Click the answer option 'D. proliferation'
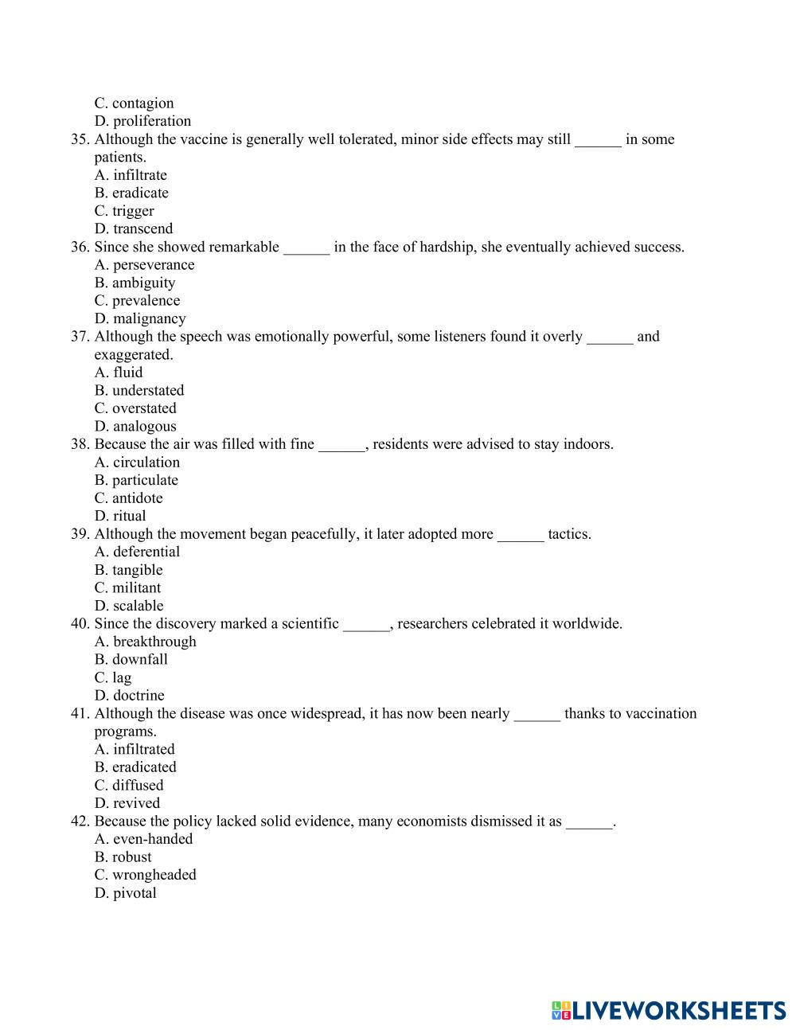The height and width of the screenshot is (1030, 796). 142,121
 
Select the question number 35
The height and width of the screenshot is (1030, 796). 79,139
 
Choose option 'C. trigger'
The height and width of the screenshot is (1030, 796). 124,211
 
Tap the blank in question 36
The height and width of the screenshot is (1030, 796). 306,248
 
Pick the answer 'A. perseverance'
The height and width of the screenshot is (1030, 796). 144,265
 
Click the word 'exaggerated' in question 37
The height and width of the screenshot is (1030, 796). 133,355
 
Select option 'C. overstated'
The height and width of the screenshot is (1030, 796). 135,408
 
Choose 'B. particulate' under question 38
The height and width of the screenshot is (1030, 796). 136,480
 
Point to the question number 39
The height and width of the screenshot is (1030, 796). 79,534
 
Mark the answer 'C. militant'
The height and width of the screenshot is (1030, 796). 127,588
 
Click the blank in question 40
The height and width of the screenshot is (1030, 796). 366,624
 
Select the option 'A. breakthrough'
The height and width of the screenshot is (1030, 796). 145,642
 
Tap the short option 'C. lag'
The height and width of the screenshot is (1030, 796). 113,677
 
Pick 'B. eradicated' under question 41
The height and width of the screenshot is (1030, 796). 135,767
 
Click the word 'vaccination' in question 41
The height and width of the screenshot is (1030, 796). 660,713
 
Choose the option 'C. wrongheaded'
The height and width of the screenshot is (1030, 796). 145,875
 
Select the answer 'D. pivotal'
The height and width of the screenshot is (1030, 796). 125,893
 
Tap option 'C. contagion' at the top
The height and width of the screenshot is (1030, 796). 134,103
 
